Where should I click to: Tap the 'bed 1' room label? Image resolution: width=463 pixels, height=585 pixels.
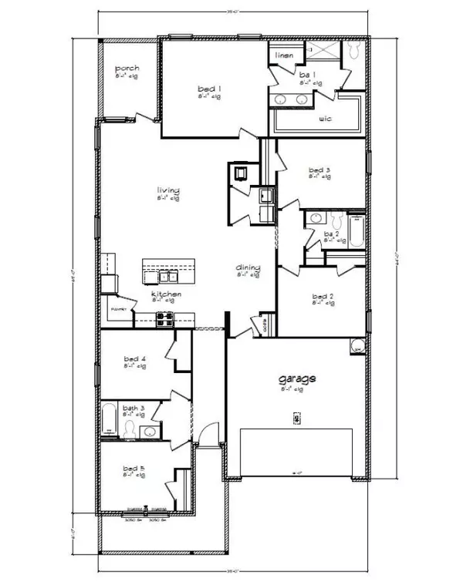pos(210,89)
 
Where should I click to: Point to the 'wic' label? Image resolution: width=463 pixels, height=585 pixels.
pos(325,119)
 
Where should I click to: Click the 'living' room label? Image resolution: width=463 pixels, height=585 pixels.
pos(168,190)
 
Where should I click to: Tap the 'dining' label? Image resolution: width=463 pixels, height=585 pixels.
pos(248,268)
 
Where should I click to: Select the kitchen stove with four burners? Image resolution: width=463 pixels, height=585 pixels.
pos(165,316)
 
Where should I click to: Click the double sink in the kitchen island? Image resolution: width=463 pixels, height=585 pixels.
pos(167,275)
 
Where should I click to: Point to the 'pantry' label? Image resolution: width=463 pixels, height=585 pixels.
pos(117,309)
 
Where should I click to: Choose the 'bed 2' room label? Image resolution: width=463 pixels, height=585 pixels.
pos(322,296)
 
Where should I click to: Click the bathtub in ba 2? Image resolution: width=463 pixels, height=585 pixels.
pos(356,234)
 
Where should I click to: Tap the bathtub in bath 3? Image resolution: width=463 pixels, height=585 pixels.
pos(109,420)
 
